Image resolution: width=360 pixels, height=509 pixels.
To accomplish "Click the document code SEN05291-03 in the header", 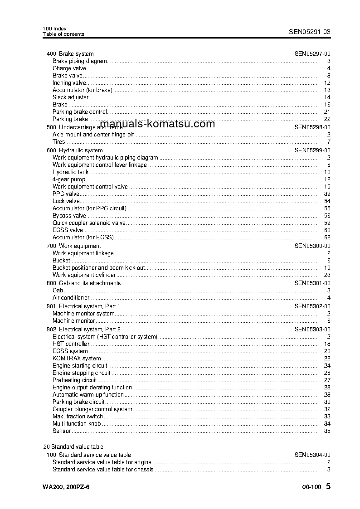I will [310, 32].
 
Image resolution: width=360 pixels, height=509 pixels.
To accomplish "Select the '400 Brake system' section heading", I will [70, 54].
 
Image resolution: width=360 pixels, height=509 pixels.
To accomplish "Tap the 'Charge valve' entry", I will [69, 68].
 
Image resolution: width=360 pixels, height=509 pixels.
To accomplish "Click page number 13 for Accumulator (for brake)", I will [327, 90].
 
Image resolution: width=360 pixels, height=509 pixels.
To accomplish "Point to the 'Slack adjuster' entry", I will [70, 97].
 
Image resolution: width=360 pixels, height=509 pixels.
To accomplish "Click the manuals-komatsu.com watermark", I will [157, 124].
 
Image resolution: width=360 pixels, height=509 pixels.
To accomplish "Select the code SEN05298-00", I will [312, 127].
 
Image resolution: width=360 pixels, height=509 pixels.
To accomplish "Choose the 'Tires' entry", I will [59, 142].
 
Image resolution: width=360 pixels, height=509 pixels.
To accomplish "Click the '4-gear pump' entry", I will [69, 179].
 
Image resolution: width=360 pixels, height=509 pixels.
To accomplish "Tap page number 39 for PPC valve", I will [327, 194].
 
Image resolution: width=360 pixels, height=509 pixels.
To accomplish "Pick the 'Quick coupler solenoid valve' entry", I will [89, 223].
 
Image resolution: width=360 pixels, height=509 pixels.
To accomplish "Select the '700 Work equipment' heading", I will [74, 246].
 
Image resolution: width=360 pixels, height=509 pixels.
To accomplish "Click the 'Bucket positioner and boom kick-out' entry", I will [98, 268].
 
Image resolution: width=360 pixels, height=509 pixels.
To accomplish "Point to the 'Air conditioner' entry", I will [71, 298].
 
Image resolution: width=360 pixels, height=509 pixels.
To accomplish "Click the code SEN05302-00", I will [312, 306].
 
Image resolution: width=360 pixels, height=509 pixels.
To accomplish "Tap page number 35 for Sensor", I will [327, 431].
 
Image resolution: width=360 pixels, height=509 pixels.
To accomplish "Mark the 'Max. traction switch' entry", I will [78, 417].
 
